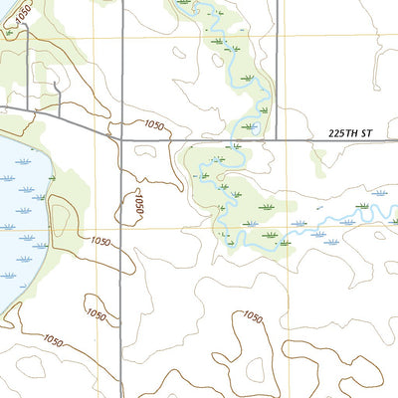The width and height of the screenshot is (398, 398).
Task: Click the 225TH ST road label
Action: point(354,131)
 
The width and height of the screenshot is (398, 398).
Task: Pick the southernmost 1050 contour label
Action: point(54,341)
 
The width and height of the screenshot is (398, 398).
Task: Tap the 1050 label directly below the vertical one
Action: point(100,241)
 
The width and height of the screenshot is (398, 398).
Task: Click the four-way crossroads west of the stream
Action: point(121,139)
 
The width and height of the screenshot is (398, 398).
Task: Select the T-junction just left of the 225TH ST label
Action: point(278,139)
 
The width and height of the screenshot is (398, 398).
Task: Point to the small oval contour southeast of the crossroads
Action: point(143,152)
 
